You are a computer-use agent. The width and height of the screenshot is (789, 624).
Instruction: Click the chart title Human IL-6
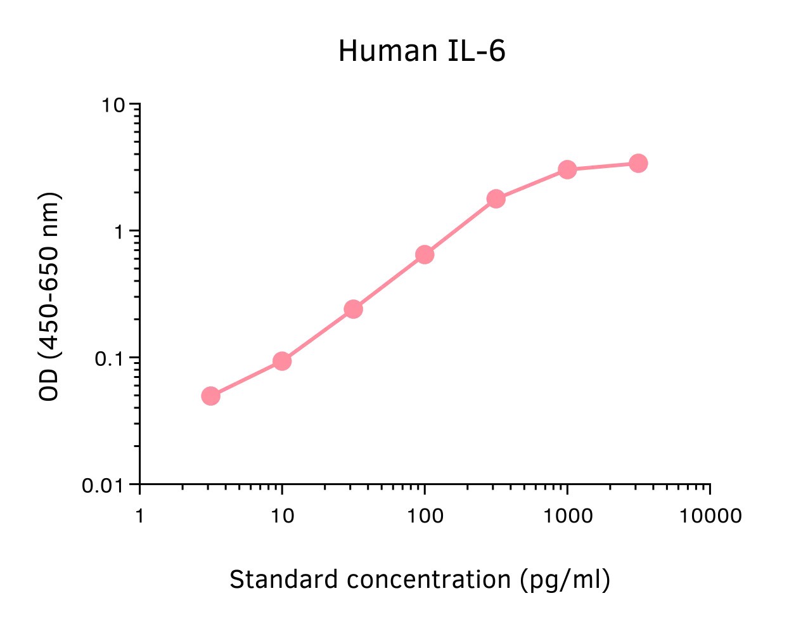pos(421,51)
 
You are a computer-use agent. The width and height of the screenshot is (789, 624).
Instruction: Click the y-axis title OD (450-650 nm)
pos(49,296)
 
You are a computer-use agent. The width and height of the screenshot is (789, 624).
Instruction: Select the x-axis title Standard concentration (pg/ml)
pos(420,580)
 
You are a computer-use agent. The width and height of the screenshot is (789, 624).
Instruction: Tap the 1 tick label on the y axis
pos(119,232)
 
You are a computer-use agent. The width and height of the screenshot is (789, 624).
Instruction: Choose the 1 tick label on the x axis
pos(139,516)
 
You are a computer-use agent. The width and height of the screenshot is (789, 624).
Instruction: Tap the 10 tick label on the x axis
pos(282,516)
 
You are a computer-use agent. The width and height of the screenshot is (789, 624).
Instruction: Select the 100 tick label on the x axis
pos(425,516)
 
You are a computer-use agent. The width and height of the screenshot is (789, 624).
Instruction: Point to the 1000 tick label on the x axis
pos(567,516)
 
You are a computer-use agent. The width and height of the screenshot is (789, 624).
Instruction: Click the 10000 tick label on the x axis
pos(710,516)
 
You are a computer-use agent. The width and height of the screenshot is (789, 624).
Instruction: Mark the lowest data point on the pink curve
pos(211,396)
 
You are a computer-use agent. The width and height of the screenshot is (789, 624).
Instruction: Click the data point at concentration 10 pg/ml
pos(282,361)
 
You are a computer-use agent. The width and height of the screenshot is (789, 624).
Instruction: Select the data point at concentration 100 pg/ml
pos(425,255)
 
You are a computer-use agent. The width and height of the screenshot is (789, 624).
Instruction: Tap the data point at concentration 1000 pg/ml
pos(567,169)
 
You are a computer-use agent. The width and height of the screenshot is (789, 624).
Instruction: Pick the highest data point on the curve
pos(638,163)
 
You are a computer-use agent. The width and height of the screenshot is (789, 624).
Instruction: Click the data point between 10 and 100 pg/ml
pos(354,309)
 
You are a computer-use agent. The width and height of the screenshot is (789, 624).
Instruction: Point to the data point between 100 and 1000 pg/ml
pos(496,199)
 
